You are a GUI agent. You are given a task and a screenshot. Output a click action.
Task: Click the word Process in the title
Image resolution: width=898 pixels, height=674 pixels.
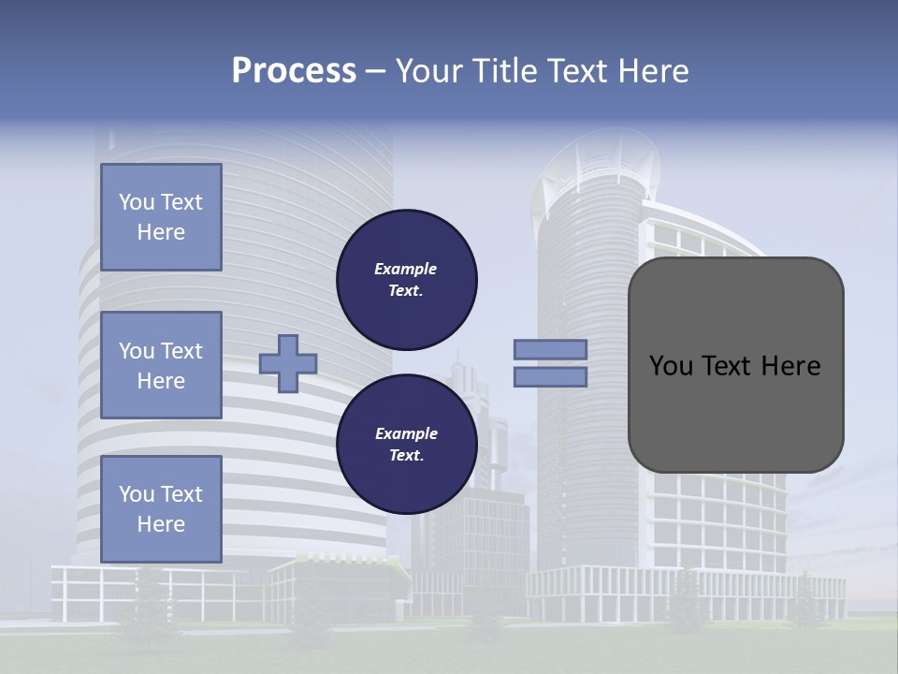pyautogui.click(x=294, y=71)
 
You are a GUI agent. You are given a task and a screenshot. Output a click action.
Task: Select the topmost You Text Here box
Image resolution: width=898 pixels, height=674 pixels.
pyautogui.click(x=161, y=217)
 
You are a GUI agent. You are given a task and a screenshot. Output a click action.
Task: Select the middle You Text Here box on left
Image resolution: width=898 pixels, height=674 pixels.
pyautogui.click(x=161, y=365)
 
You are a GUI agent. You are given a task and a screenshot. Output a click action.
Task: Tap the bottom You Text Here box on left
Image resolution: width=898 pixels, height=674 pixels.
pyautogui.click(x=161, y=509)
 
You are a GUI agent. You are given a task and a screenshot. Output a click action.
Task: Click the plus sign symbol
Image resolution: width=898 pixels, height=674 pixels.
pyautogui.click(x=288, y=363)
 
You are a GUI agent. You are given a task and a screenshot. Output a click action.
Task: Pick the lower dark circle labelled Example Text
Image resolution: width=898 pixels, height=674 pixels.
pyautogui.click(x=407, y=444)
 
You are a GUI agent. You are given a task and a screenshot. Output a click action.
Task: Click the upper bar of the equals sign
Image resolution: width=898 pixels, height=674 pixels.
pyautogui.click(x=551, y=349)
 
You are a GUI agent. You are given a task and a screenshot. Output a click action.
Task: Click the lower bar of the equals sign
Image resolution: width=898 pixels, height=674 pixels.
pyautogui.click(x=551, y=377)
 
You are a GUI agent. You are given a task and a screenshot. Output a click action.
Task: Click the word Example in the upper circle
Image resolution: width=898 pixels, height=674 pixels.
pyautogui.click(x=406, y=269)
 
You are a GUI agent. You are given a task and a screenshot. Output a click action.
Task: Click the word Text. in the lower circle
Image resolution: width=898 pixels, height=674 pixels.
pyautogui.click(x=406, y=456)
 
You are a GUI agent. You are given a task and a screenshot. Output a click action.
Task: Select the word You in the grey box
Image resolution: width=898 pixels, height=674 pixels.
pyautogui.click(x=670, y=366)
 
